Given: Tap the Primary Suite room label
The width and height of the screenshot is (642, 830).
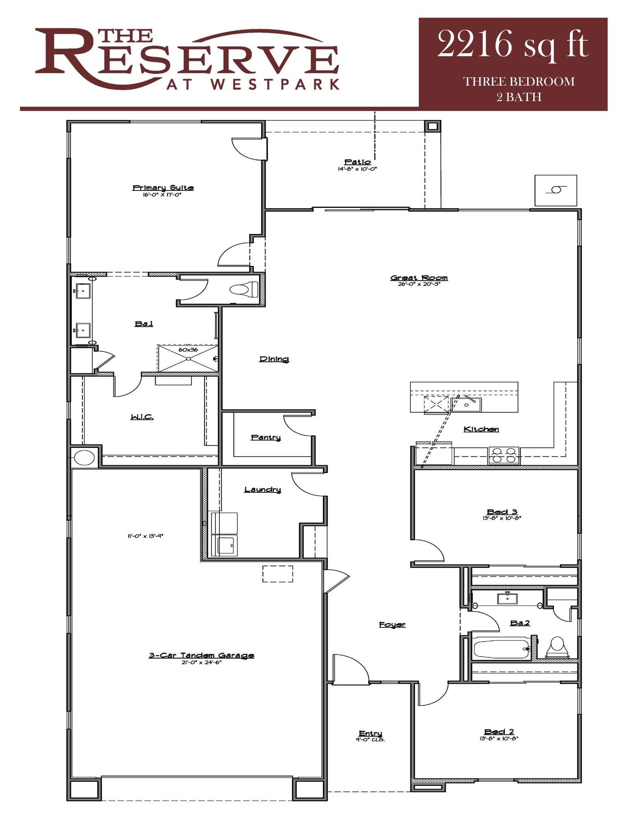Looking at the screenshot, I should pos(163,188).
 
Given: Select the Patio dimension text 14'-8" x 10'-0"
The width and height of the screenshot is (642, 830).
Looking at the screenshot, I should pos(357,169).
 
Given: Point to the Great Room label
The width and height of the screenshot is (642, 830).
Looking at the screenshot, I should pos(419,278).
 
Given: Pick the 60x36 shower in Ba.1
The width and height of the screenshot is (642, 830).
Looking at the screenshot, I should pos(188,358).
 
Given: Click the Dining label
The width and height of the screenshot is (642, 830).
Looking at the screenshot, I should pos(274,359).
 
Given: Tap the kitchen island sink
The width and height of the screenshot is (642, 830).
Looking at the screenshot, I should pos(466,404).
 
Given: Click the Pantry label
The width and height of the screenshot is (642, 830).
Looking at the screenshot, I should pos(266,437).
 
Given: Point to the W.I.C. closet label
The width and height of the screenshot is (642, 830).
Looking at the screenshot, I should pos(142,417).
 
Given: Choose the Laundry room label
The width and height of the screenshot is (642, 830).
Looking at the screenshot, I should pos(262,490).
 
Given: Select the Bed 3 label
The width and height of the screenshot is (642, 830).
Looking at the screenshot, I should pos(502,512).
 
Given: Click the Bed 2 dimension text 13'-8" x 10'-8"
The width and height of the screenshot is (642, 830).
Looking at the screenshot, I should pos(499,738).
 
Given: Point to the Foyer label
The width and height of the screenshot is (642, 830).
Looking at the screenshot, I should pos(392,625).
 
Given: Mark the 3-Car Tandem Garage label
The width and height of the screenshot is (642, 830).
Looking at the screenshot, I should pos(201,655).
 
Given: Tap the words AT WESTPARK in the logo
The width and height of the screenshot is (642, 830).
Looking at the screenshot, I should pos(253,84).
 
